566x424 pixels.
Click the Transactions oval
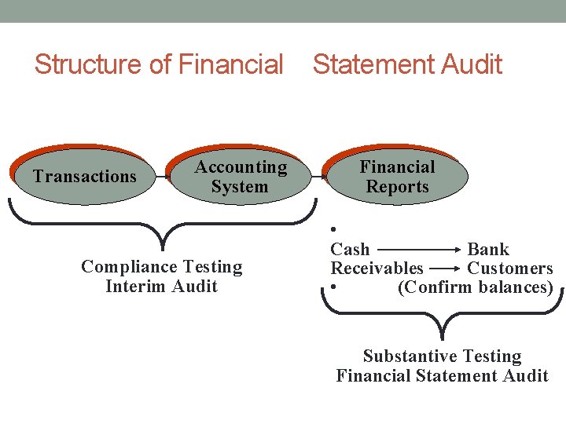[85, 177]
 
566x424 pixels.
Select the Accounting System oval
[241, 177]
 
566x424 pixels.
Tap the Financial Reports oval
[397, 177]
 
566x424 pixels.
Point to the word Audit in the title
[470, 64]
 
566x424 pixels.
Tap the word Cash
[350, 250]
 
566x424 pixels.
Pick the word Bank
[488, 250]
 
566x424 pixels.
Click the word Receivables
[377, 269]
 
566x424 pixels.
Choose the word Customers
[510, 269]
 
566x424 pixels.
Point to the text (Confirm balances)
[476, 287]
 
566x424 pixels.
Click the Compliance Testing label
[162, 267]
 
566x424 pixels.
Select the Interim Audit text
[161, 286]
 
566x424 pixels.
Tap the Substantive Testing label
[442, 356]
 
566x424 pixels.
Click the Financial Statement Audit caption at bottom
[442, 375]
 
